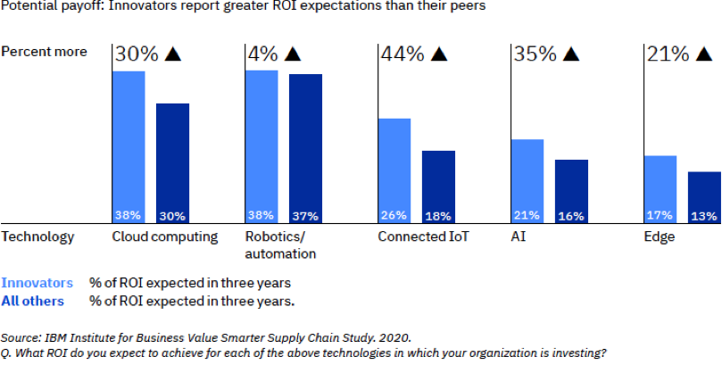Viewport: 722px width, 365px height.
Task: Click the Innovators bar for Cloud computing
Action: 129,147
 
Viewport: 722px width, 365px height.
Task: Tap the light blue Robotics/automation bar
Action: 261,146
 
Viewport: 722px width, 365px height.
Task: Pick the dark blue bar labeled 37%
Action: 305,148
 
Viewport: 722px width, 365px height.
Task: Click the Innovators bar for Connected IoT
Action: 394,170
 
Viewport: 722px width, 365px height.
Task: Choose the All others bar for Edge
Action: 704,197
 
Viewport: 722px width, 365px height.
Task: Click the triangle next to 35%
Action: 572,54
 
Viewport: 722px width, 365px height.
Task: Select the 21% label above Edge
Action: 667,54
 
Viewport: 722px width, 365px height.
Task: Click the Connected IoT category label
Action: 423,237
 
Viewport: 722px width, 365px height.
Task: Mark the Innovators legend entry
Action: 37,283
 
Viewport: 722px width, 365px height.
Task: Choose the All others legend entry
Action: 33,301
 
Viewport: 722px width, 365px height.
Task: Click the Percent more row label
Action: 45,51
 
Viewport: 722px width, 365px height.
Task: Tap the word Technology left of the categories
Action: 37,237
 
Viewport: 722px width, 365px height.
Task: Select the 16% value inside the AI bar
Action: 571,216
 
